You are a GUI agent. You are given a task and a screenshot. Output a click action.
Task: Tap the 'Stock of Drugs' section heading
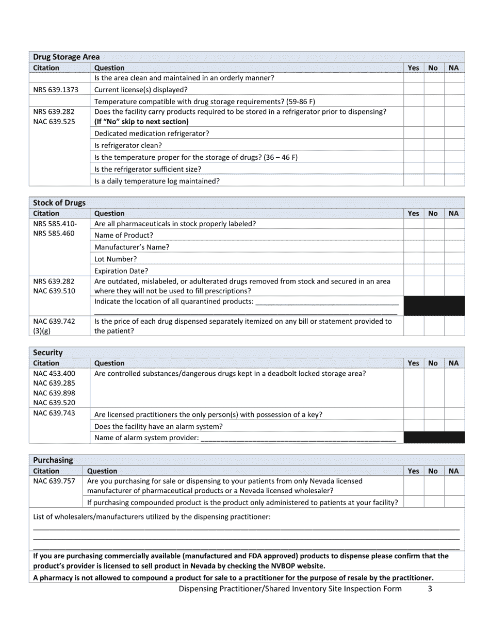click(59, 203)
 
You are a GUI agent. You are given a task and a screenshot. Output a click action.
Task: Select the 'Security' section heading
click(48, 353)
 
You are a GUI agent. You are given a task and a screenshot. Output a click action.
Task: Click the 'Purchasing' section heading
click(53, 460)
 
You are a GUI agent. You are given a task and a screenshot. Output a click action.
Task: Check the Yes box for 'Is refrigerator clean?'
click(414, 145)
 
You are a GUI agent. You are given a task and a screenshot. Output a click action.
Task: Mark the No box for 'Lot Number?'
click(434, 259)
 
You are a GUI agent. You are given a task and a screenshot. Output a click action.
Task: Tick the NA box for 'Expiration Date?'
click(454, 271)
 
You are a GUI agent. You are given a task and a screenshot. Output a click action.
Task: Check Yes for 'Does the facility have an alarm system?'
click(414, 426)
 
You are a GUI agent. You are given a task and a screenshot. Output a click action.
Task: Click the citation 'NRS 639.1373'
click(56, 90)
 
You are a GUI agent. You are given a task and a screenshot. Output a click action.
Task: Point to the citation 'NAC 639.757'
click(54, 481)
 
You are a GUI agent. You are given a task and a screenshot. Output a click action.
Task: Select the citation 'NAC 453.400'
click(54, 373)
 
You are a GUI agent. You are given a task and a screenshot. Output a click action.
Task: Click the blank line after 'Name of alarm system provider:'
click(298, 438)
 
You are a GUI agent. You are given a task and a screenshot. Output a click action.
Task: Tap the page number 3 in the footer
click(430, 589)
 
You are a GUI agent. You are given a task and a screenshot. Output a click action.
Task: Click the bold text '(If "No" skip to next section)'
click(141, 122)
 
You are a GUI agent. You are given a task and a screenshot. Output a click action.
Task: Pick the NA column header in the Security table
click(453, 363)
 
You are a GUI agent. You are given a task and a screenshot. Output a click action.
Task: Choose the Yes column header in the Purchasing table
click(413, 471)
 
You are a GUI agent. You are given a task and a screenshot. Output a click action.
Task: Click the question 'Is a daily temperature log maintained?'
click(157, 181)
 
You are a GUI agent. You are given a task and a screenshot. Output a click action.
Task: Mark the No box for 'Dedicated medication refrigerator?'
click(434, 134)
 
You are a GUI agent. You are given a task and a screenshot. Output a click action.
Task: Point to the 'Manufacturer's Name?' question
click(132, 247)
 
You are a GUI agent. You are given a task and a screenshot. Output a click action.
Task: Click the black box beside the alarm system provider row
click(434, 438)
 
